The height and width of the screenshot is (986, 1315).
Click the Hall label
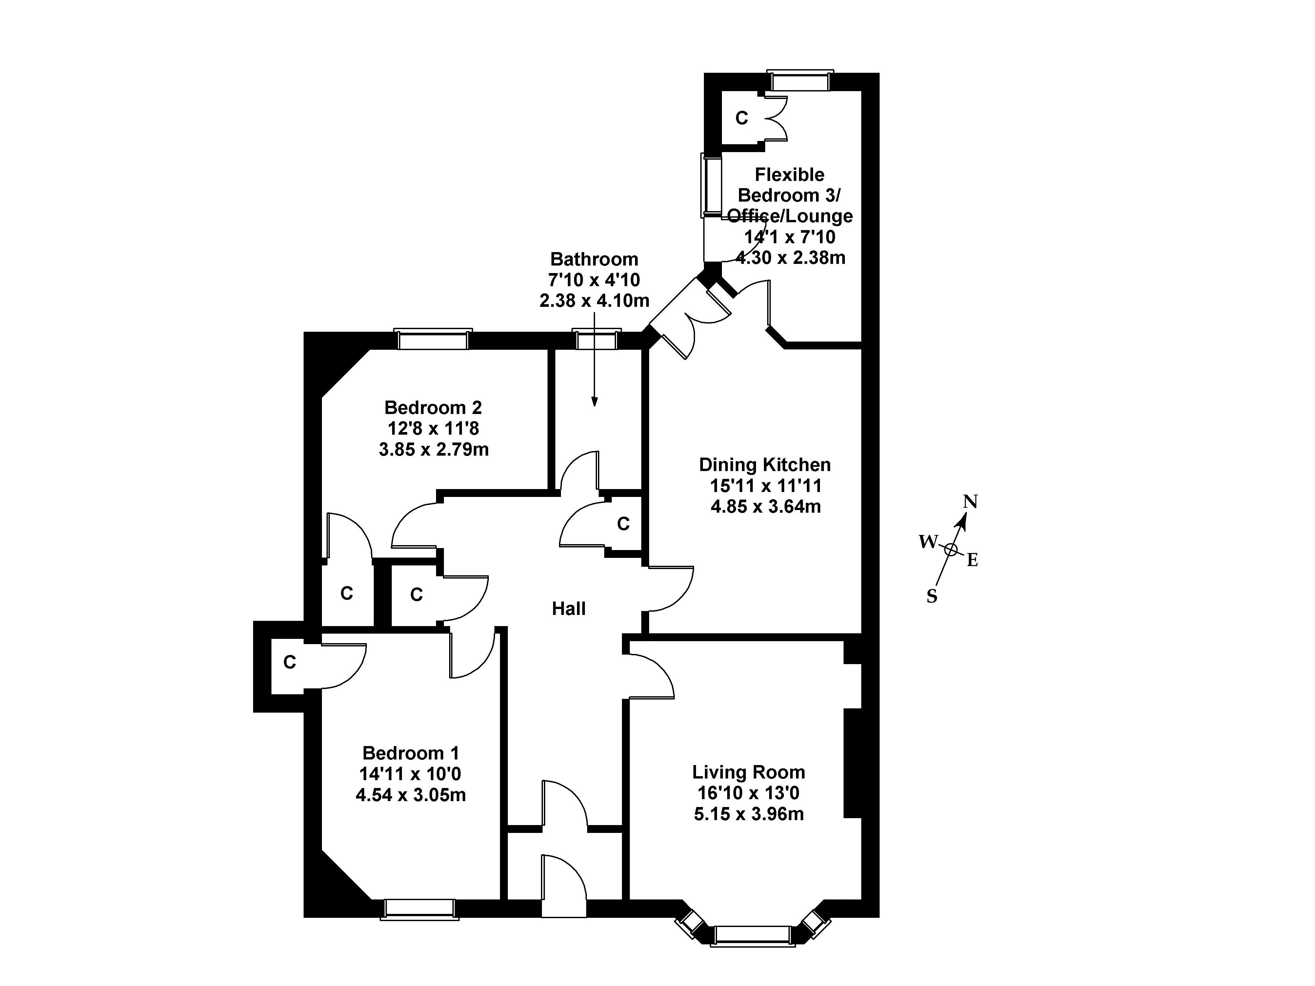click(x=568, y=609)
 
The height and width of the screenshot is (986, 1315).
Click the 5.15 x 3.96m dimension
click(x=748, y=814)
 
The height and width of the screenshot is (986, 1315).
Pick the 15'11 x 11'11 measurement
click(x=765, y=485)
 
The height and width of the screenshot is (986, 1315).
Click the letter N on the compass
click(x=970, y=502)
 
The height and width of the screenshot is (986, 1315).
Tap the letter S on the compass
click(x=931, y=597)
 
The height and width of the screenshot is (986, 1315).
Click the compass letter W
click(x=927, y=542)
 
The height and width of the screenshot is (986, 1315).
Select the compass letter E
click(x=973, y=560)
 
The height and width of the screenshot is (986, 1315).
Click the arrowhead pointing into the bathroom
click(x=594, y=402)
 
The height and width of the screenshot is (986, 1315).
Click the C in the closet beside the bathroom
click(x=623, y=523)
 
